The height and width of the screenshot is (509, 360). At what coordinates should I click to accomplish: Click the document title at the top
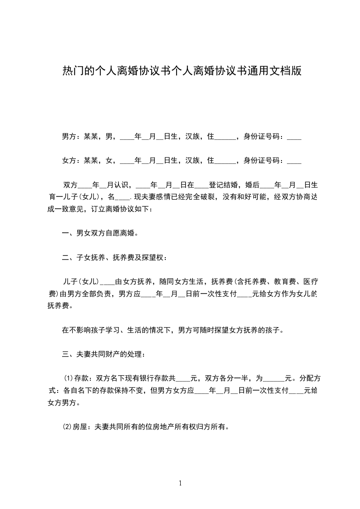coord(182,71)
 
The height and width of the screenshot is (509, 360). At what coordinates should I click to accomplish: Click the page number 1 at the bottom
coord(180,483)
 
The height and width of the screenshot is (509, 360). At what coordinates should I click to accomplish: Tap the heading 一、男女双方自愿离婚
coord(100,233)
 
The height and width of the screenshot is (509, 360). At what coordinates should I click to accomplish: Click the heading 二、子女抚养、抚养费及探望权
coord(114,258)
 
